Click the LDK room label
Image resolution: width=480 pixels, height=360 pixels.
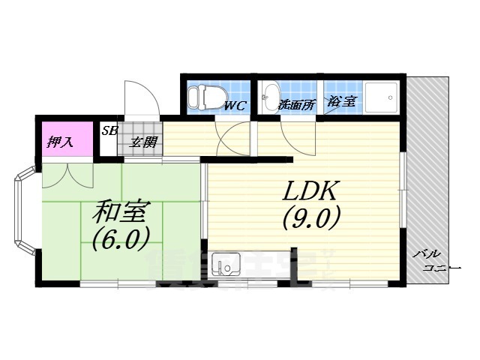coord(312,192)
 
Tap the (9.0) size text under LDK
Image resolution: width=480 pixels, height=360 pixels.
coord(312,217)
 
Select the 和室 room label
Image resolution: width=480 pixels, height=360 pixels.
coord(119,212)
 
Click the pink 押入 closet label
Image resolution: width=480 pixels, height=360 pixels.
coord(59,142)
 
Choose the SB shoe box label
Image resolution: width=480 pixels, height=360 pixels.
coord(109,130)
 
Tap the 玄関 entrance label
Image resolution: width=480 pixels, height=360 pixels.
coord(143,141)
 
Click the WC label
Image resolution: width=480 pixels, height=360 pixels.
coord(235,106)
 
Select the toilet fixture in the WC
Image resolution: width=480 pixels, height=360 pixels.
coord(199,97)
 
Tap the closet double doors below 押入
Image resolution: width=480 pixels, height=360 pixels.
coord(67,174)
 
